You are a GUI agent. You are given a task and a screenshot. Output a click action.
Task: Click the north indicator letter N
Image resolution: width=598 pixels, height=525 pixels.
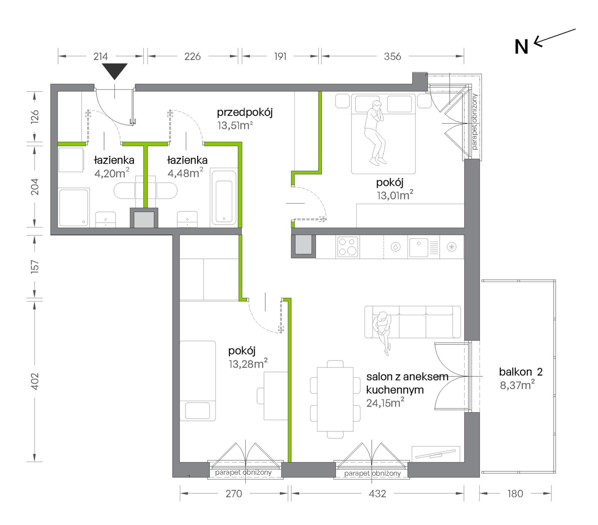[x=521, y=47]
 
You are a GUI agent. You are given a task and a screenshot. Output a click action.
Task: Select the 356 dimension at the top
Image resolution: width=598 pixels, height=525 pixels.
[x=392, y=57]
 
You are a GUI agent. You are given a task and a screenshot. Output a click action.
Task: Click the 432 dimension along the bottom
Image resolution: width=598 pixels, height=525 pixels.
[x=377, y=494]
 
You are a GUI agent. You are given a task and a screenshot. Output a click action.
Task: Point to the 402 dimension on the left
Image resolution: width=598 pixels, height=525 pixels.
[x=35, y=381]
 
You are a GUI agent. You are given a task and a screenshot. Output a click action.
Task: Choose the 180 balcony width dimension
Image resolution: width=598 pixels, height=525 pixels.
[x=515, y=494]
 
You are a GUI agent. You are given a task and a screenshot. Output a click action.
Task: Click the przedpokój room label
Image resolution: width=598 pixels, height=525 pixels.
[x=245, y=113]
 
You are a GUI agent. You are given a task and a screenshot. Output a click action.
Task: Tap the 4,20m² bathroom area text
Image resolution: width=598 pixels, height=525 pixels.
[x=112, y=173]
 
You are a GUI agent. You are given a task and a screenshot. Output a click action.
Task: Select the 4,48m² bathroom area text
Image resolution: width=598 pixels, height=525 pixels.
[x=185, y=173]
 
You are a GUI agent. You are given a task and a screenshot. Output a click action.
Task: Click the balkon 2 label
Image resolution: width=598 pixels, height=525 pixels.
[x=521, y=372]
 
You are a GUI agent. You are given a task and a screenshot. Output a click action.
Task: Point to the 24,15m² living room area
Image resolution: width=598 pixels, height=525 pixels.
[x=385, y=403]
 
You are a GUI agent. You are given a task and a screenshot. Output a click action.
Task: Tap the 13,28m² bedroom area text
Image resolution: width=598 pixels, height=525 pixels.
[x=248, y=364]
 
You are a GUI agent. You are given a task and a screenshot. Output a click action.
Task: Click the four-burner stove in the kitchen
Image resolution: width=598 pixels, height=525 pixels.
[x=347, y=247]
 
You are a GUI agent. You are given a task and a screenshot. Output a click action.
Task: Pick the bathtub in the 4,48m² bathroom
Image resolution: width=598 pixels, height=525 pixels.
[x=224, y=198]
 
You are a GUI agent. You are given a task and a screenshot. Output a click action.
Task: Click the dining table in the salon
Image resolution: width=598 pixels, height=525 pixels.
[x=335, y=399]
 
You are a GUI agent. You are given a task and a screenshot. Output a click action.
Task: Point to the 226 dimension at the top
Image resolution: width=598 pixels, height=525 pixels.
[x=192, y=57]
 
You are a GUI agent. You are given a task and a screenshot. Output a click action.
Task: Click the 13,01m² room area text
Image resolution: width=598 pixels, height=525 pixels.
[x=395, y=195]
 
